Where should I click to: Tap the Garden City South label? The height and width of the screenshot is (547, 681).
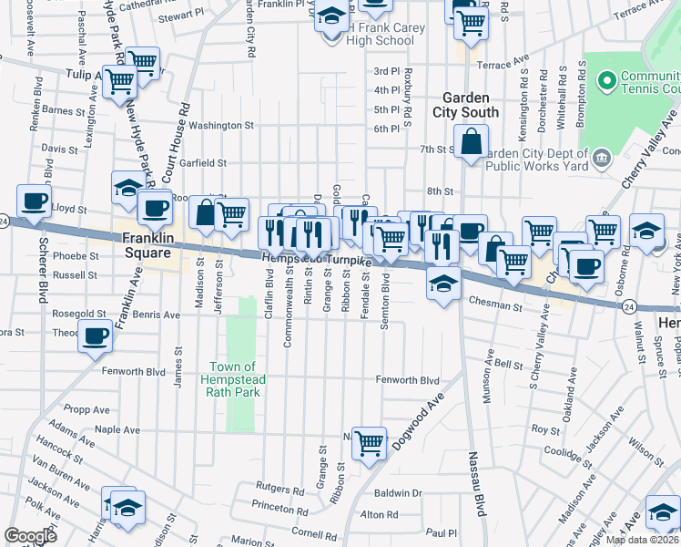[x=471, y=105]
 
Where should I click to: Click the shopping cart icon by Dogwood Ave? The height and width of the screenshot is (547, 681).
[x=370, y=444]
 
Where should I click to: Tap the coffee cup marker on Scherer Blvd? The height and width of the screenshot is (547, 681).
[x=34, y=201]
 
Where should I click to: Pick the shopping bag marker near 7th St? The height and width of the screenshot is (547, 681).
[x=471, y=142]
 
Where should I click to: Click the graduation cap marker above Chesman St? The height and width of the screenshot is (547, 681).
[x=442, y=286]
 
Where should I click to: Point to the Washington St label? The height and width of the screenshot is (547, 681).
[x=221, y=125]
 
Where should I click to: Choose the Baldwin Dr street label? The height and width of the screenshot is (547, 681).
[x=404, y=493]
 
